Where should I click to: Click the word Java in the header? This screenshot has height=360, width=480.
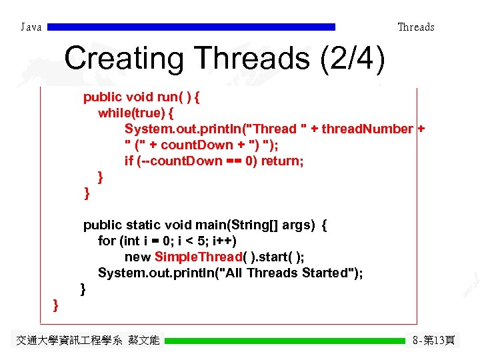click(31, 27)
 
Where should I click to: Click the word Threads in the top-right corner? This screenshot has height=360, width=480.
click(415, 27)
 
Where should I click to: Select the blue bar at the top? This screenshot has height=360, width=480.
click(192, 27)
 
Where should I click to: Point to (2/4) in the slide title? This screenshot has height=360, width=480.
click(352, 59)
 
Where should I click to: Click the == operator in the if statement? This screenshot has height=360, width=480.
click(234, 161)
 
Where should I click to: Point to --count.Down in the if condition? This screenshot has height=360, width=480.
click(181, 161)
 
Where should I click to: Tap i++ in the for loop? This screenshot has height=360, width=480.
click(225, 241)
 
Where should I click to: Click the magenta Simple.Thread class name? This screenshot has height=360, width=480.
click(197, 257)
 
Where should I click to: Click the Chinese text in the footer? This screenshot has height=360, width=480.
click(87, 341)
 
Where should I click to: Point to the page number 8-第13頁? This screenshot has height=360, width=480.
click(433, 341)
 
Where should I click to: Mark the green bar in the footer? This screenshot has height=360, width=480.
click(285, 341)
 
